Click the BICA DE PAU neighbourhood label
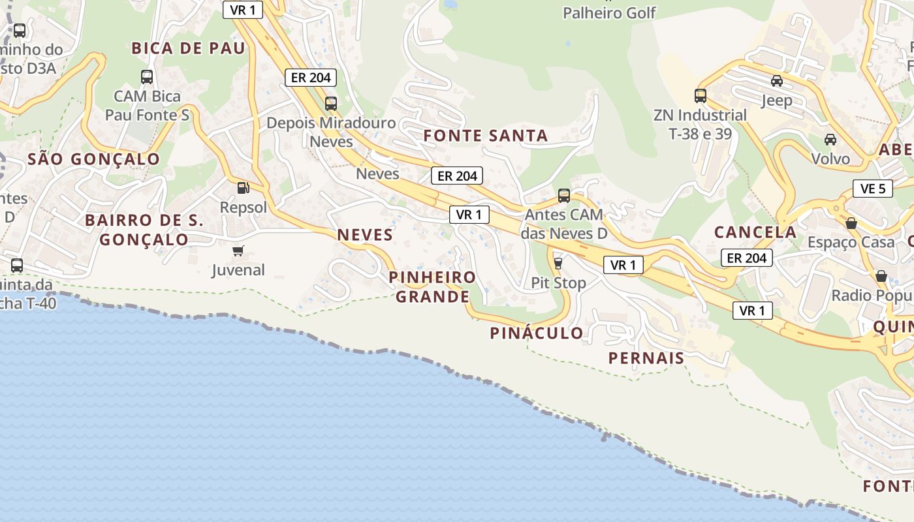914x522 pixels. coord(188,48)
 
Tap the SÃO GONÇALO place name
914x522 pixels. coord(94,159)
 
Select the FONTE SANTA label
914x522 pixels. coord(486,136)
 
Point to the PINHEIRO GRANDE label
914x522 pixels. coord(432,287)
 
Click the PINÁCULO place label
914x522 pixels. coord(537,333)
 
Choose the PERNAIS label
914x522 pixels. coord(646,358)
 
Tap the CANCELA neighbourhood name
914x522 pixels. coord(755,232)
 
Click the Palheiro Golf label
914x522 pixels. coord(609,12)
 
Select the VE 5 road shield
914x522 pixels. coord(873,189)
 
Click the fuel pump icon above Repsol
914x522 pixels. coord(243,188)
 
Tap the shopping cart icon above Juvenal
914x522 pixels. coord(238,251)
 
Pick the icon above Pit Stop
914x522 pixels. coord(558,264)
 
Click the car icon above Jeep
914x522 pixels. coord(777,81)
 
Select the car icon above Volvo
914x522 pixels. coord(830,140)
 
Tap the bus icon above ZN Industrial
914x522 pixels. coord(701,96)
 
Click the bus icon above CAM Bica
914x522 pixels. coord(147,77)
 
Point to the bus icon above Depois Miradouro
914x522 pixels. coord(331,103)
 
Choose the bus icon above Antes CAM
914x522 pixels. coord(564,195)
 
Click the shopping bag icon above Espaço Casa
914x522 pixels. coord(851,223)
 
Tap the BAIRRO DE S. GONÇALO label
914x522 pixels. coord(144,230)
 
